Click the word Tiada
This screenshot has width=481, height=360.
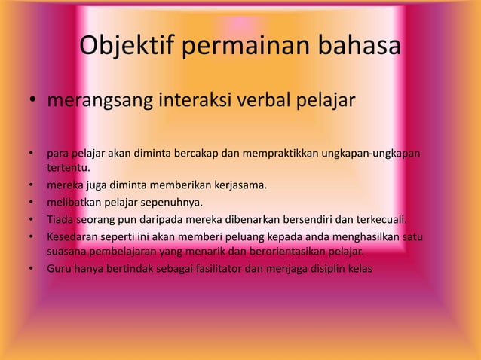click(x=61, y=220)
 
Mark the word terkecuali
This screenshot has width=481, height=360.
click(x=380, y=220)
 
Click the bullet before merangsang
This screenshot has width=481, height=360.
click(x=33, y=101)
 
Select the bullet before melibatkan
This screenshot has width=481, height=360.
click(x=33, y=202)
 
